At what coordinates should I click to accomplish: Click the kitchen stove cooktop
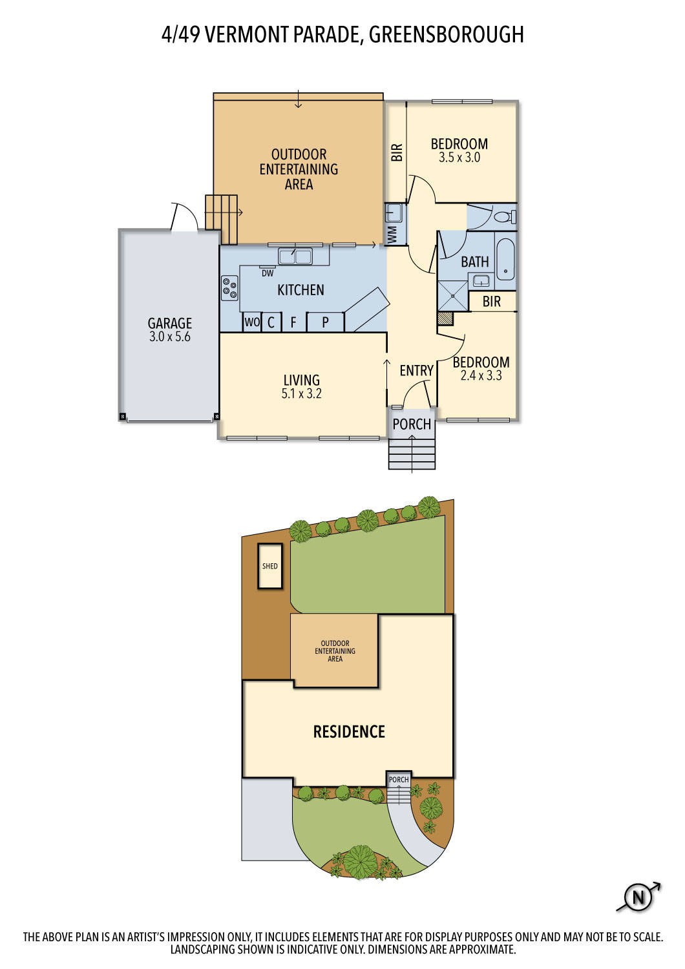[x=229, y=287]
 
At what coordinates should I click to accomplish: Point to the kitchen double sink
[x=295, y=256]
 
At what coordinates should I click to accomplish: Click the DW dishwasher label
[x=268, y=273]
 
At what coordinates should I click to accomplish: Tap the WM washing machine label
[x=392, y=235]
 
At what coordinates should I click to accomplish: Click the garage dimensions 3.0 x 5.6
[x=169, y=337]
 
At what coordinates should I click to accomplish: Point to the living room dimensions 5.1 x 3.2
[x=301, y=393]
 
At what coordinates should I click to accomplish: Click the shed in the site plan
[x=270, y=566]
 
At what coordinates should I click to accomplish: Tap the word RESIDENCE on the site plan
[x=349, y=731]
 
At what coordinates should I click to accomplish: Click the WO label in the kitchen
[x=252, y=322]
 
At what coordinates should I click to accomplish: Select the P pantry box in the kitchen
[x=326, y=322]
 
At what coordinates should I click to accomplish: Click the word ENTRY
[x=416, y=370]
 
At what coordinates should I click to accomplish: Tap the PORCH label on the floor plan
[x=412, y=424]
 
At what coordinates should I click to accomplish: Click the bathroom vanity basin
[x=481, y=281]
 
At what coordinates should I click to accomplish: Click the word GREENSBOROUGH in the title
[x=446, y=35]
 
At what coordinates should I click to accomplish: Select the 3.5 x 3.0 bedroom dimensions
[x=459, y=158]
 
